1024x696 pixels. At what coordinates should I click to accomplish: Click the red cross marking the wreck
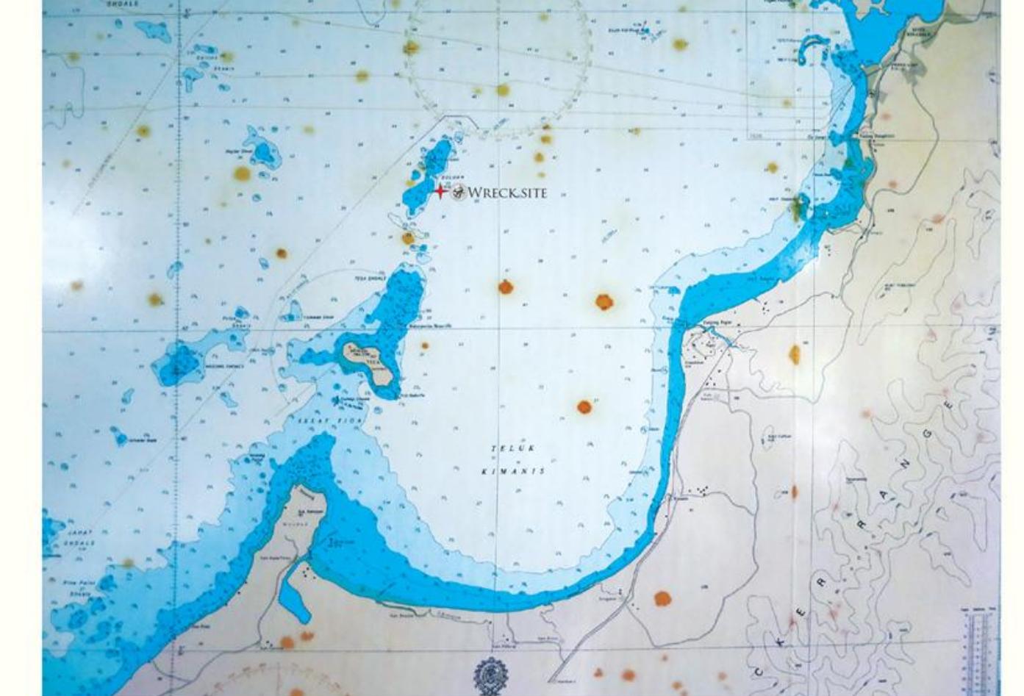tap(440, 191)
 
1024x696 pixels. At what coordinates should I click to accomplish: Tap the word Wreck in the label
tap(493, 193)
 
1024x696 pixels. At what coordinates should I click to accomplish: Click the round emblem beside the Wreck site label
tap(457, 193)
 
